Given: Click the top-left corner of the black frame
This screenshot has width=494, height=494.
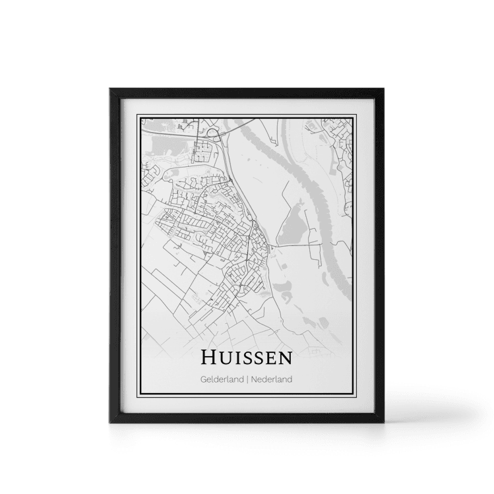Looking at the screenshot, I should point(108,88).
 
